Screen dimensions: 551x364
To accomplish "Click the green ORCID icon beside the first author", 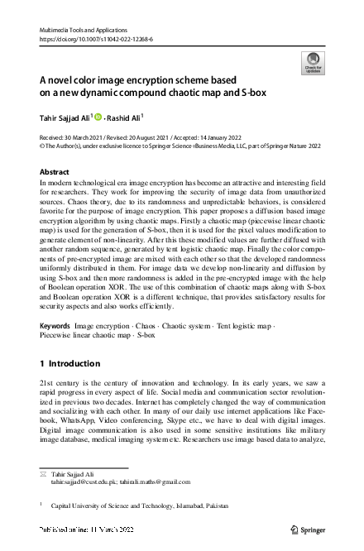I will pyautogui.click(x=96, y=117).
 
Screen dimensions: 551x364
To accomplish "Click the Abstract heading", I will pyautogui.click(x=55, y=171).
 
